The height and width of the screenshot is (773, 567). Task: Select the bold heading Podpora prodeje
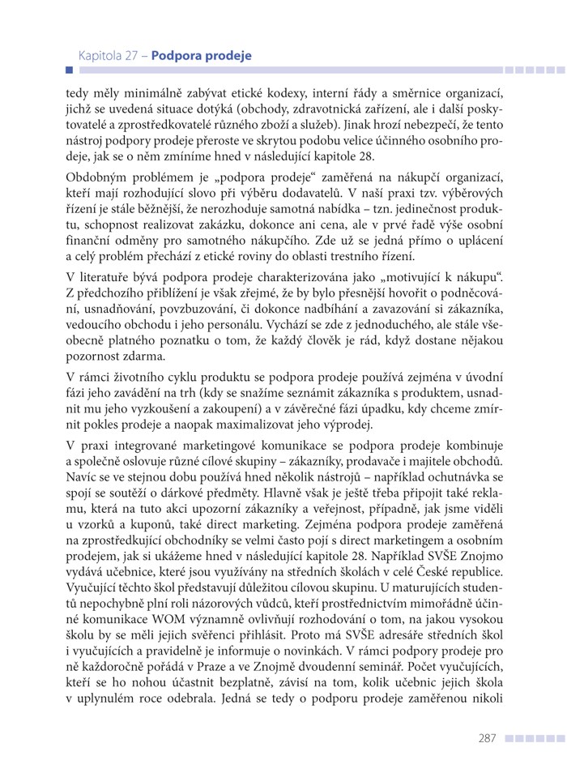[x=201, y=57]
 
